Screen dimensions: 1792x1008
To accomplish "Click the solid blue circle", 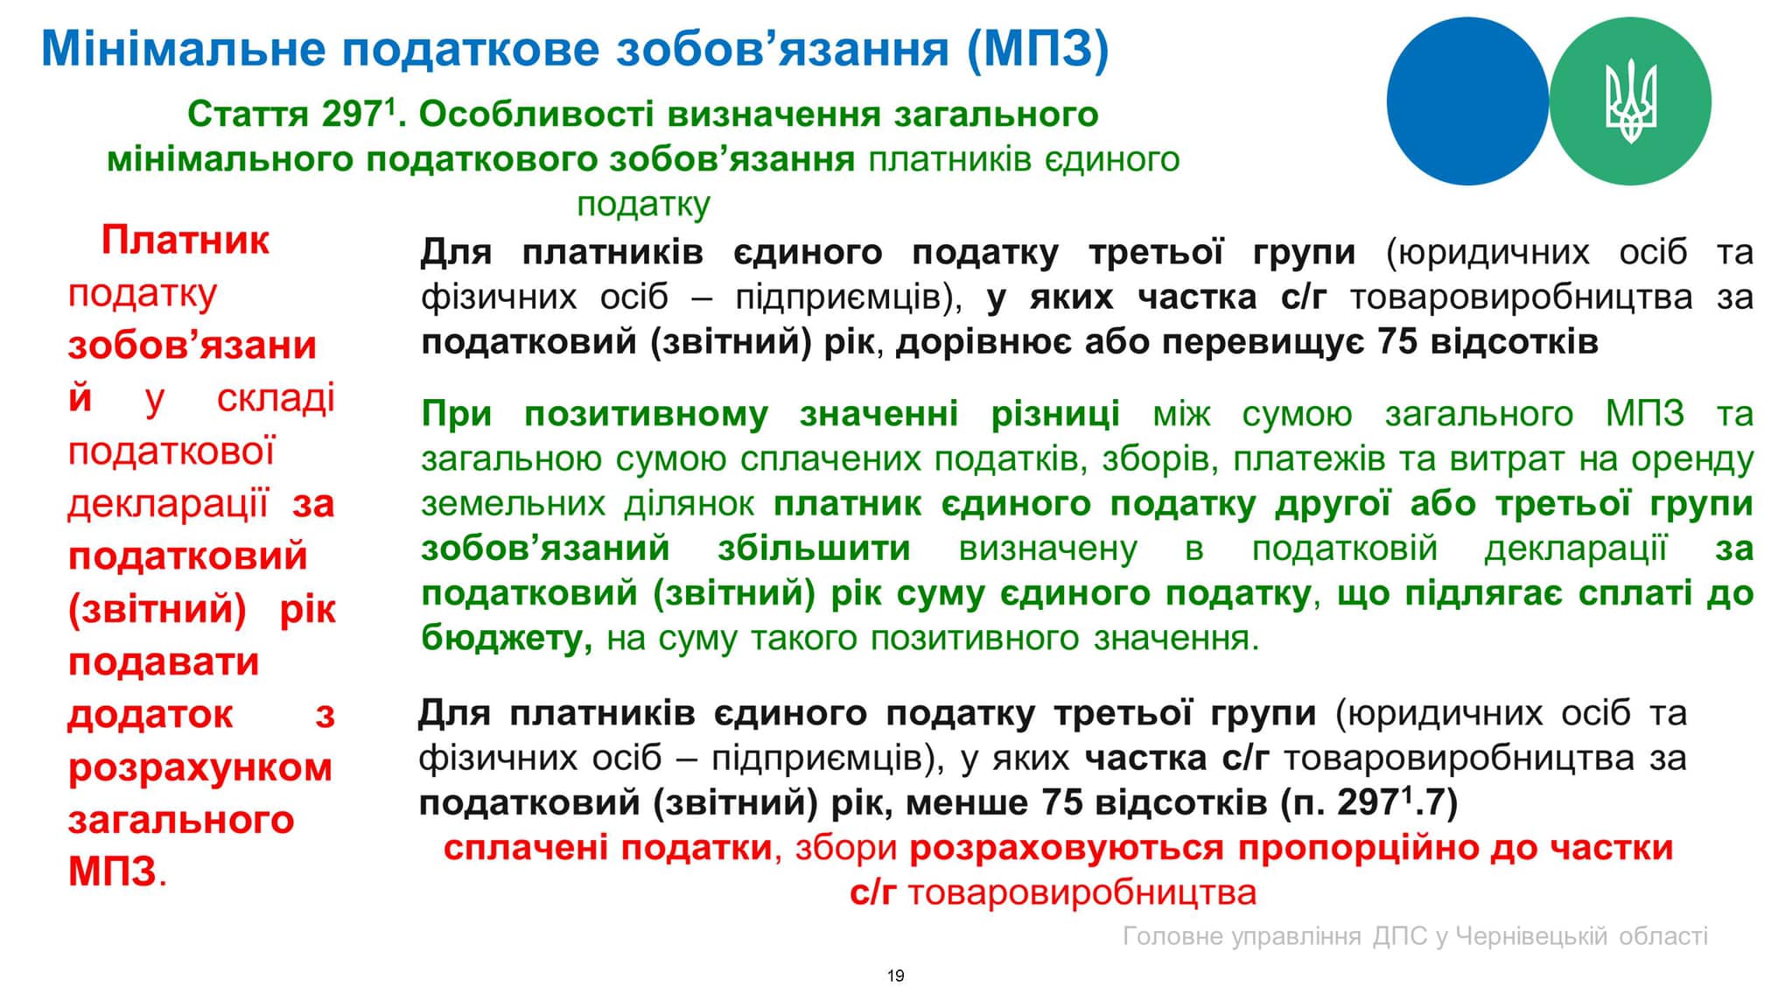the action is tap(1467, 101).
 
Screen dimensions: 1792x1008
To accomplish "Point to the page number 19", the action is tap(895, 976).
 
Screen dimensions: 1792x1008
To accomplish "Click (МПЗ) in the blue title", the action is tap(1039, 49).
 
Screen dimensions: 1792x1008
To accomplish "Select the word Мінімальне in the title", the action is tap(185, 49).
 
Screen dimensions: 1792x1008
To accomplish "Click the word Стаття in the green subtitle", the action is tap(248, 115).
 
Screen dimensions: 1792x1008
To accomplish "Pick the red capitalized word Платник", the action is tap(185, 240).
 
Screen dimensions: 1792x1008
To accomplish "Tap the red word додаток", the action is tap(150, 714).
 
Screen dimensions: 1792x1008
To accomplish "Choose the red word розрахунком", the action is tap(200, 768).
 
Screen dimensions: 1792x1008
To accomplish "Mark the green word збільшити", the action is tap(814, 549).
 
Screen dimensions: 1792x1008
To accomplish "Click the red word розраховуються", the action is tap(1067, 848).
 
